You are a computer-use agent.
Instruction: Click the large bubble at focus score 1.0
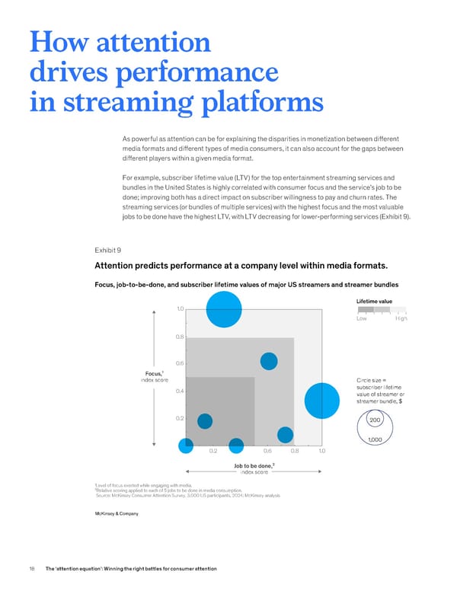[x=224, y=309]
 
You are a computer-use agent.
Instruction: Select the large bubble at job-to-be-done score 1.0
[x=322, y=401]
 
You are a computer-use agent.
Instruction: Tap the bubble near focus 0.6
[x=269, y=361]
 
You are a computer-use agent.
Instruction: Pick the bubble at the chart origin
[x=186, y=446]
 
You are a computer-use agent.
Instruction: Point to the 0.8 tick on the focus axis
[x=180, y=337]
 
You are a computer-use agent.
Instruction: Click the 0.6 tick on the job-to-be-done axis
[x=267, y=451]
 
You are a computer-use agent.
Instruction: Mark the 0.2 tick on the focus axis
[x=180, y=418]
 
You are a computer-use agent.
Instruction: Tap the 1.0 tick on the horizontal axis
[x=321, y=451]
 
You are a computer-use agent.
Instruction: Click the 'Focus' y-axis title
[x=154, y=373]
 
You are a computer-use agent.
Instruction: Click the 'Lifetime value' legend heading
[x=374, y=301]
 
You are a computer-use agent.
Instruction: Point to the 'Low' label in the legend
[x=362, y=318]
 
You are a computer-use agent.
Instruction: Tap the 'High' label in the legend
[x=401, y=318]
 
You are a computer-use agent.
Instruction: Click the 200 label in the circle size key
[x=375, y=420]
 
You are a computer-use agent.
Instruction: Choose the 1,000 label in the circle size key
[x=375, y=439]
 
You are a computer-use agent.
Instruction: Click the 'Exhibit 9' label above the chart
[x=108, y=251]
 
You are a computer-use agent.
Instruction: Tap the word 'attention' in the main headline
[x=153, y=42]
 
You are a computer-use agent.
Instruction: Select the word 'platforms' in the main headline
[x=263, y=104]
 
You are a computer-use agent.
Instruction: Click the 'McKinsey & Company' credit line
[x=117, y=513]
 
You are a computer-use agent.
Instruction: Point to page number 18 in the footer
[x=32, y=568]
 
